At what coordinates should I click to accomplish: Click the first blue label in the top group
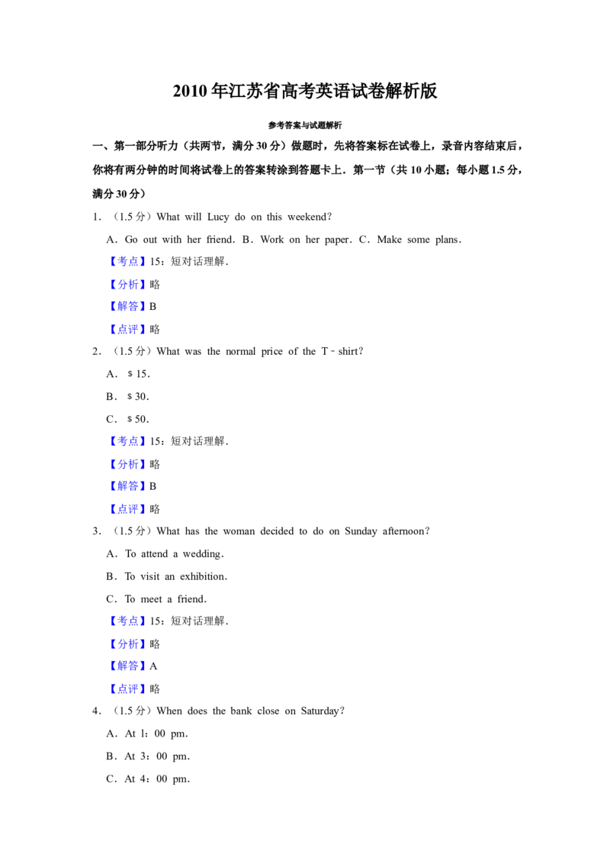pyautogui.click(x=127, y=261)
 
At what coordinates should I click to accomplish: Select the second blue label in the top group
pyautogui.click(x=127, y=284)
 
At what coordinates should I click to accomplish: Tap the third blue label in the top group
pyautogui.click(x=127, y=306)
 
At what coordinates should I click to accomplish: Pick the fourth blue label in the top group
pyautogui.click(x=127, y=329)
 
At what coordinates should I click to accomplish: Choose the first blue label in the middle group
pyautogui.click(x=127, y=441)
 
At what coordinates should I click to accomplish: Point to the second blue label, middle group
pyautogui.click(x=127, y=464)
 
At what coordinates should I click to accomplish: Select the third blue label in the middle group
pyautogui.click(x=127, y=486)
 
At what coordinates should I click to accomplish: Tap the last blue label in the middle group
pyautogui.click(x=127, y=509)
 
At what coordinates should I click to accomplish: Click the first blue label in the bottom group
pyautogui.click(x=127, y=620)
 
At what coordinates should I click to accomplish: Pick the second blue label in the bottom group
pyautogui.click(x=127, y=644)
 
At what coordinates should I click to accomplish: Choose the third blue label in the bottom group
pyautogui.click(x=127, y=666)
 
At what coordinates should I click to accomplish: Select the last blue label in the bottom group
pyautogui.click(x=127, y=689)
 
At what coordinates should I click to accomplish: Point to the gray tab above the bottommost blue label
pyautogui.click(x=122, y=679)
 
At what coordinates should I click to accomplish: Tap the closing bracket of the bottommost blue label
pyautogui.click(x=143, y=689)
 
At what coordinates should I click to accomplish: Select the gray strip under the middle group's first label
pyautogui.click(x=127, y=450)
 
